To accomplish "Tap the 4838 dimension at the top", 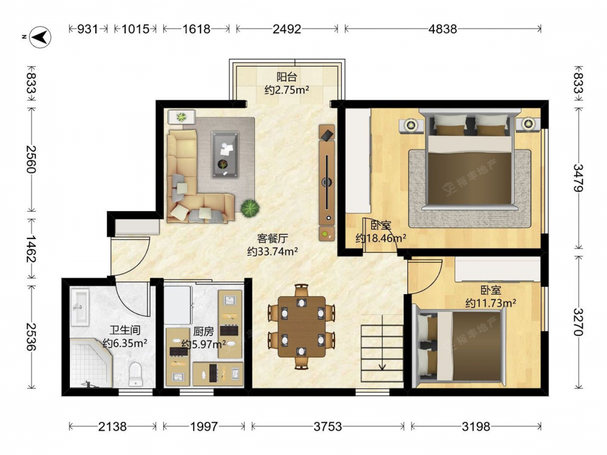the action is [443, 29].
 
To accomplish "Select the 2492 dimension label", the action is [287, 29].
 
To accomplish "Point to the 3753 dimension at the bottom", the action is [328, 426].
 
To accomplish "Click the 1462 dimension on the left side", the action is [31, 249].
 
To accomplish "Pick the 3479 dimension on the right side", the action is [578, 178].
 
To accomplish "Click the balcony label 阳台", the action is [287, 76].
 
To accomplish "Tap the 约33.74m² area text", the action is [273, 252].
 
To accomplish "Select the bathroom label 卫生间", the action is [124, 330].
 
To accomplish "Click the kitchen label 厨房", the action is [203, 331].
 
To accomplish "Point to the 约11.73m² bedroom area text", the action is [490, 303].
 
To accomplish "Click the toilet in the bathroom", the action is [135, 374].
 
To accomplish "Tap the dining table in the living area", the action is [302, 327].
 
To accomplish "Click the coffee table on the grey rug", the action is [225, 155].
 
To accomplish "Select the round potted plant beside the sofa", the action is [249, 208].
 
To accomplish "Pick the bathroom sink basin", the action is [80, 306].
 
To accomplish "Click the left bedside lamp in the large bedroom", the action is [410, 124].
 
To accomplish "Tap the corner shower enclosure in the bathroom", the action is [91, 363].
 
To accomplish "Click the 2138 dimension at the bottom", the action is [112, 426].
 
